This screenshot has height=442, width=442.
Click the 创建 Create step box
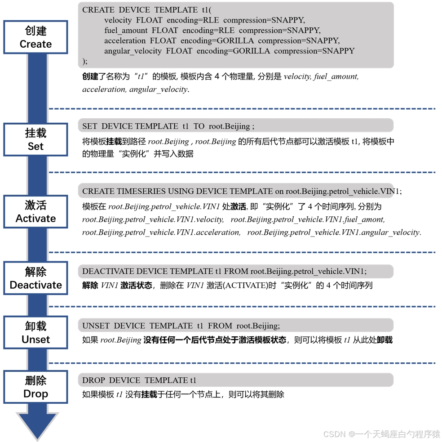click(x=35, y=37)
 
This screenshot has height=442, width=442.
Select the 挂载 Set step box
click(x=35, y=139)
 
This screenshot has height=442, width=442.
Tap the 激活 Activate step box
click(x=35, y=212)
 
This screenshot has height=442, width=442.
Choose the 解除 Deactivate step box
click(x=35, y=278)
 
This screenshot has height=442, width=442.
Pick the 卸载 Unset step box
click(x=35, y=333)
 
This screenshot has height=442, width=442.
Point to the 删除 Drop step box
click(x=35, y=387)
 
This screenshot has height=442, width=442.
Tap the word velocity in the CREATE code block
click(x=118, y=20)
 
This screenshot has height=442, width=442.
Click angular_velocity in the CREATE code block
click(x=133, y=51)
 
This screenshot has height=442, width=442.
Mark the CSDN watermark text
click(x=382, y=434)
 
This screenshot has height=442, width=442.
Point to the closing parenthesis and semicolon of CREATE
click(x=85, y=61)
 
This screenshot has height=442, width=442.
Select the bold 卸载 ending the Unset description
click(x=385, y=340)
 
